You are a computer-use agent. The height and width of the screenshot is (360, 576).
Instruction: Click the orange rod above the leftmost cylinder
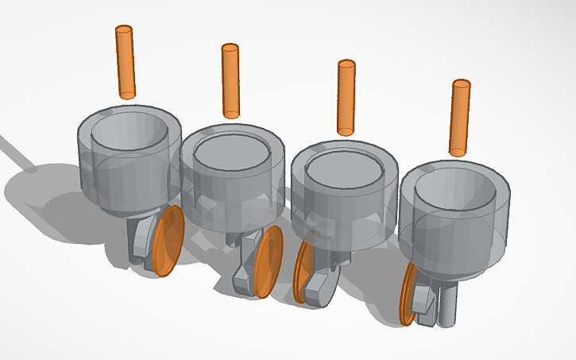[x=126, y=62]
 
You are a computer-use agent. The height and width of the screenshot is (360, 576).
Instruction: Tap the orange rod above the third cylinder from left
[x=346, y=98]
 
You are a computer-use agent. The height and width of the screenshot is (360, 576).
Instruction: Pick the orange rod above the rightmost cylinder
[x=460, y=117]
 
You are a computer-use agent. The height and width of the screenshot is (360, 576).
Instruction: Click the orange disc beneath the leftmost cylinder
[x=168, y=241]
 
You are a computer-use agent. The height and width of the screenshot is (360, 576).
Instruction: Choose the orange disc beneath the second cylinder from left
[x=269, y=261]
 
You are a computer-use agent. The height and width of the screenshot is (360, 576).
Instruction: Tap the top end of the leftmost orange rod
[x=123, y=29]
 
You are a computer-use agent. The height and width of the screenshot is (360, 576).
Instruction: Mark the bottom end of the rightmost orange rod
[x=458, y=151]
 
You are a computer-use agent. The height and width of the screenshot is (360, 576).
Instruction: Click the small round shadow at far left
[x=31, y=168]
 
